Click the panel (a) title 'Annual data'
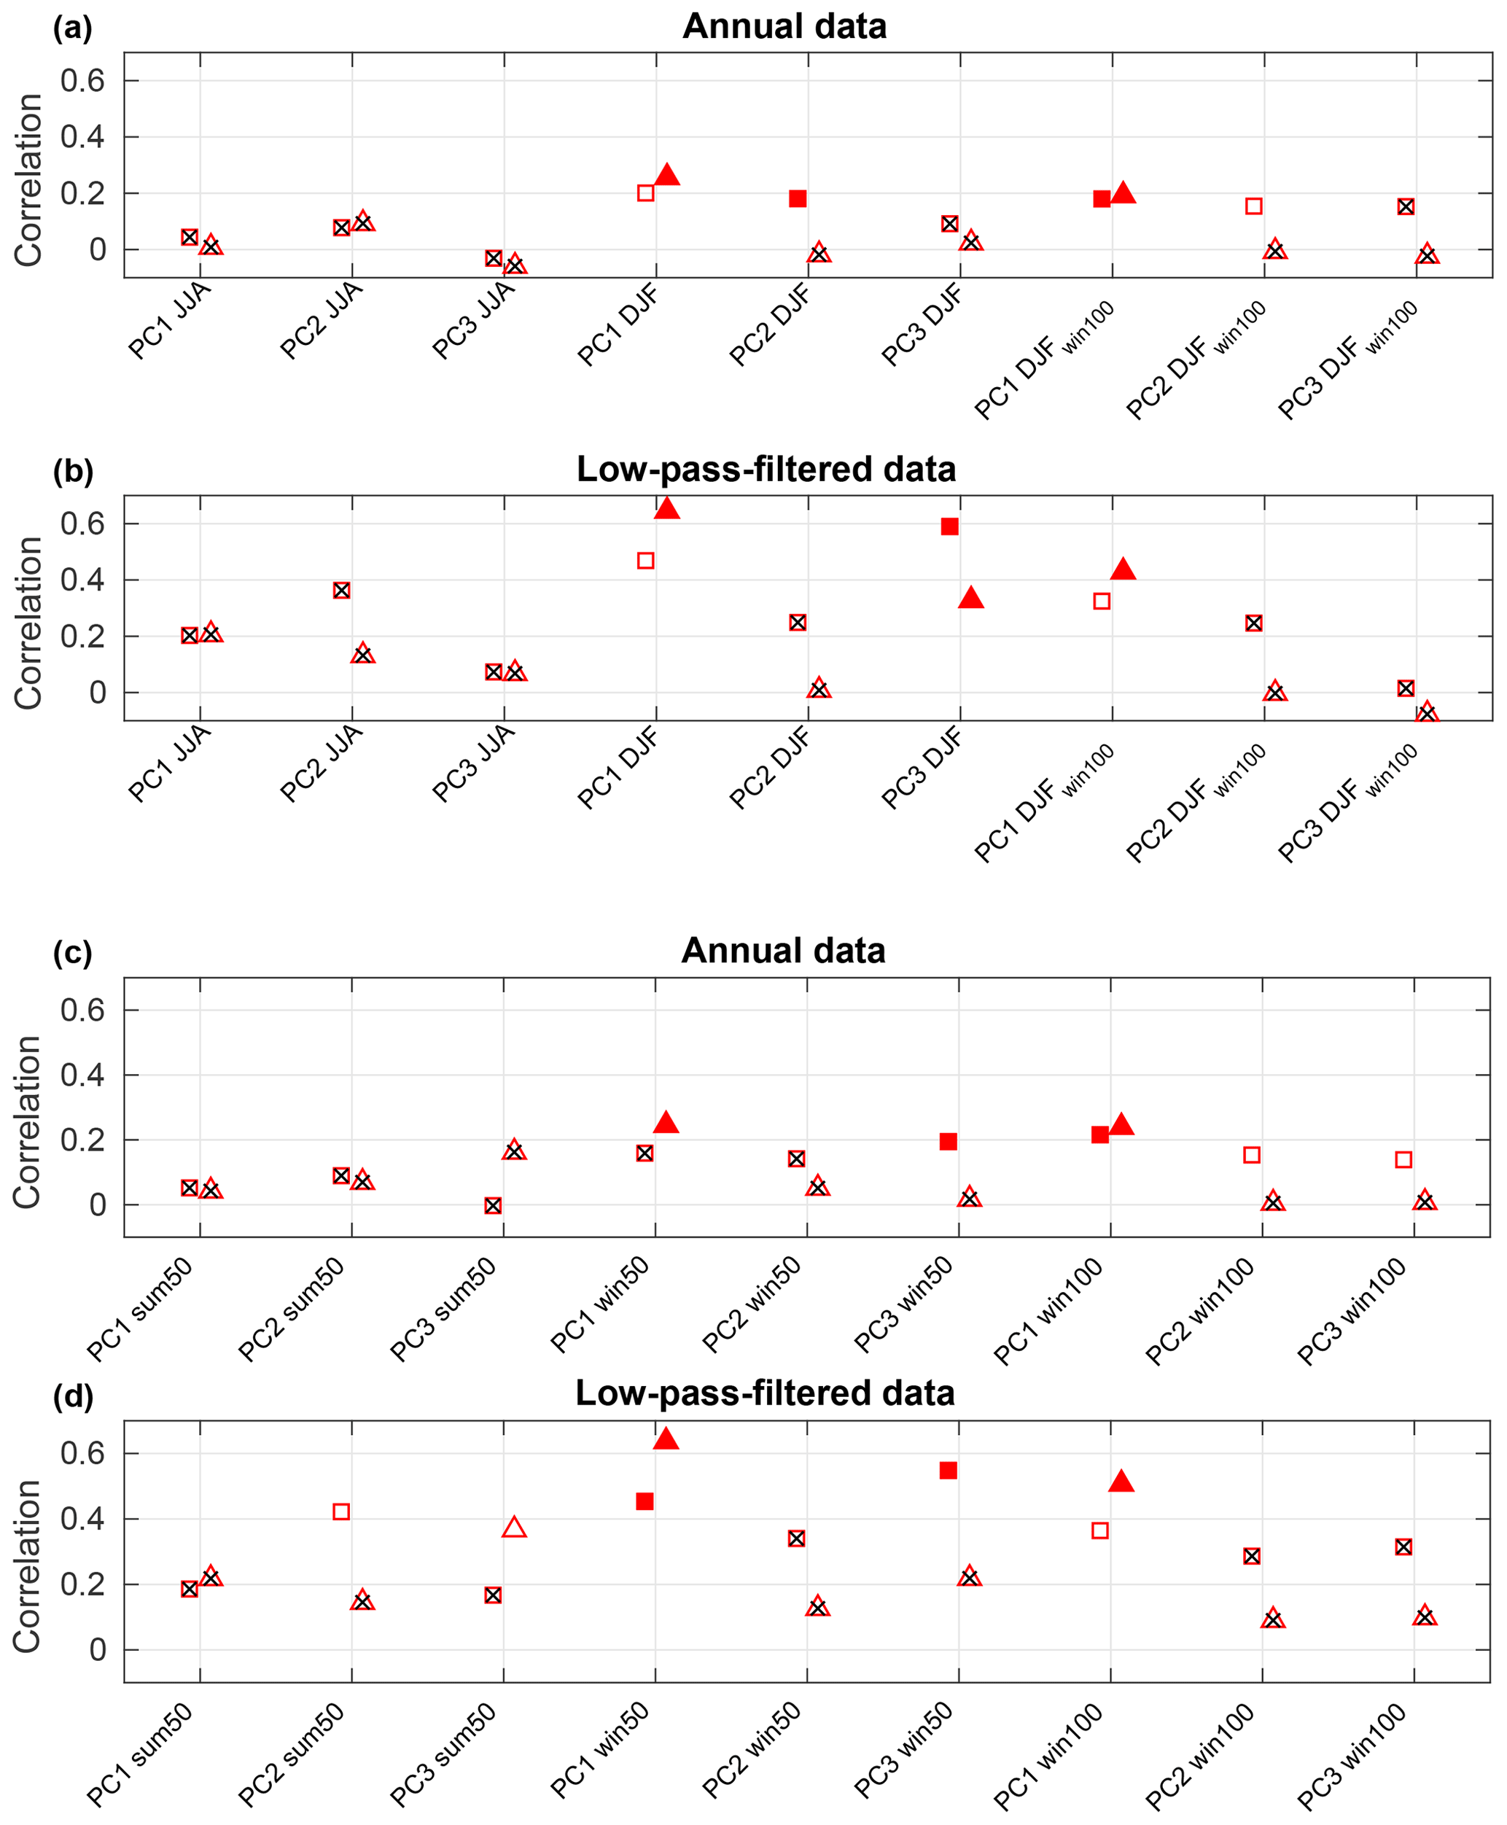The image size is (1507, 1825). pyautogui.click(x=784, y=26)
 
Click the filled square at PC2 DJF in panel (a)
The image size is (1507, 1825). pyautogui.click(x=798, y=199)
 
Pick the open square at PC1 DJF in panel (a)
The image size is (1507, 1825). pyautogui.click(x=646, y=192)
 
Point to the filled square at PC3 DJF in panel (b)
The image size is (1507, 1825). pyautogui.click(x=950, y=526)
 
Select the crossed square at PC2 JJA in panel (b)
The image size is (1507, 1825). pyautogui.click(x=342, y=591)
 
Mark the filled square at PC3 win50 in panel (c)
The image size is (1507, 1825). pyautogui.click(x=948, y=1141)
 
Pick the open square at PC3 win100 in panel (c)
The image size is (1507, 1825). pyautogui.click(x=1403, y=1159)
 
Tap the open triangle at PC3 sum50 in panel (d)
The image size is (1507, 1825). pyautogui.click(x=514, y=1528)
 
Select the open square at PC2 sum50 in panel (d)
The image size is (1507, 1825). pyautogui.click(x=341, y=1511)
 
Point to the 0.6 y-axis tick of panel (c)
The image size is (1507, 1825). pyautogui.click(x=82, y=1010)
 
